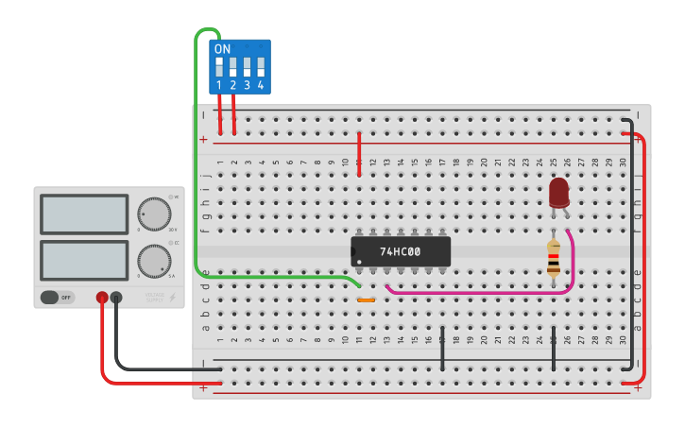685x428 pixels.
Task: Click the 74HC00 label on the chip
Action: (x=400, y=252)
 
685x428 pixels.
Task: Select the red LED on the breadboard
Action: (x=558, y=193)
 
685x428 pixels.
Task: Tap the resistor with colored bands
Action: (x=553, y=258)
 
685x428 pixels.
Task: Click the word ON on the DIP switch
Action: (x=222, y=49)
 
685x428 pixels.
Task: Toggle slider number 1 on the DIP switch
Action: (x=219, y=67)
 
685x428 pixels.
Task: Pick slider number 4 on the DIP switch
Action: (x=260, y=67)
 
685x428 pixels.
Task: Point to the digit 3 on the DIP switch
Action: (x=247, y=85)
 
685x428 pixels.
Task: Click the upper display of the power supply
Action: (x=84, y=214)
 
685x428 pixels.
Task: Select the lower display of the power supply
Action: (x=84, y=260)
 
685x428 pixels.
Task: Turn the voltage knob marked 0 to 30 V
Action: (x=154, y=214)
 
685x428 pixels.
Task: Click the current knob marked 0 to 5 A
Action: (x=154, y=260)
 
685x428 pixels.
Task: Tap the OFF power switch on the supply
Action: (x=57, y=298)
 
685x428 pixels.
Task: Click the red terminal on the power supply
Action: (x=102, y=298)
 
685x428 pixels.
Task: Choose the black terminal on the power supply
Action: (x=116, y=298)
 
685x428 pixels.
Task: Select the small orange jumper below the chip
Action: (x=366, y=300)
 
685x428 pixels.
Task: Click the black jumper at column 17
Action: (x=442, y=350)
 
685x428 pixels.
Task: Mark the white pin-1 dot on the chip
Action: (x=359, y=262)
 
